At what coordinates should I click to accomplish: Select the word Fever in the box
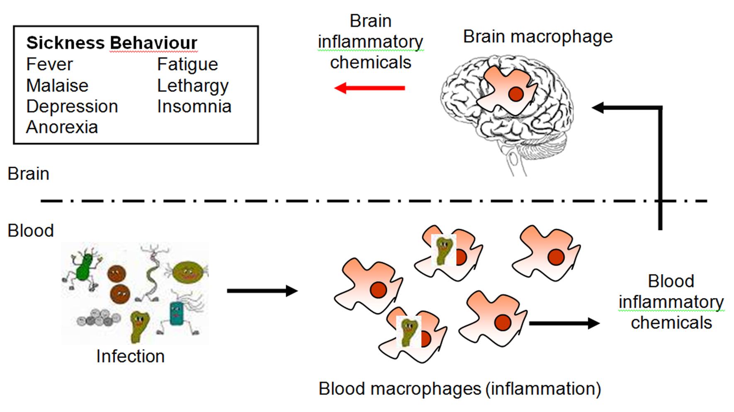[49, 65]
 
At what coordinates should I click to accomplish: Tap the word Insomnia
[194, 107]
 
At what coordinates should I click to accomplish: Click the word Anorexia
[62, 127]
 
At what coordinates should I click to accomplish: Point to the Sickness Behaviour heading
[112, 43]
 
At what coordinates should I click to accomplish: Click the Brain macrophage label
[537, 36]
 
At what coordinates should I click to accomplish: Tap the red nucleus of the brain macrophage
[515, 95]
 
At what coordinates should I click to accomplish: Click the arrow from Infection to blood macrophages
[262, 291]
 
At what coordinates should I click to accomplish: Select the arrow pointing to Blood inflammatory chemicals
[564, 323]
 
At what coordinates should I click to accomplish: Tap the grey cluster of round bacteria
[99, 318]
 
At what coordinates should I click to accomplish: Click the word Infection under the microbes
[130, 356]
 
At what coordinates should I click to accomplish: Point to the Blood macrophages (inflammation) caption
[459, 389]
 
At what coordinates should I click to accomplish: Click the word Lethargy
[193, 86]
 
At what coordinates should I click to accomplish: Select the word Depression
[72, 107]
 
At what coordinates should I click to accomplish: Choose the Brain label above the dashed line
[28, 174]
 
